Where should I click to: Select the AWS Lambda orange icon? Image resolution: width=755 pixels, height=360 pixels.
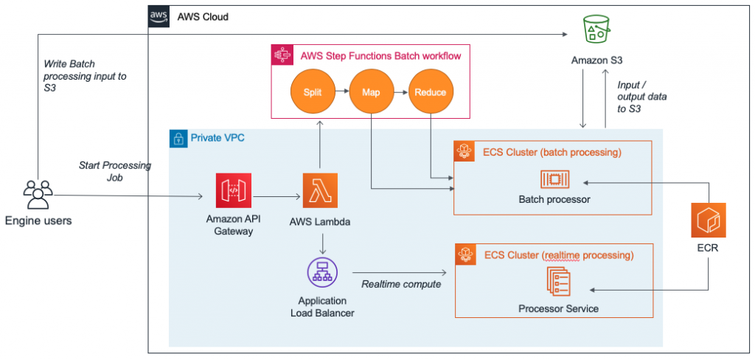[320, 191]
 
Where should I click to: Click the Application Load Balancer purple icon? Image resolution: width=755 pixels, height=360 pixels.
[321, 273]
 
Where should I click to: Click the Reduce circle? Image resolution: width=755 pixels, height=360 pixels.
[430, 92]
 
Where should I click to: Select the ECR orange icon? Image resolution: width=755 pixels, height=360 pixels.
[709, 221]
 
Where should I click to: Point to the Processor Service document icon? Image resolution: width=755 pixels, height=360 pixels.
[557, 282]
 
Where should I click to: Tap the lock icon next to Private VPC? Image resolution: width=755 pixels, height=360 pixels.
[178, 138]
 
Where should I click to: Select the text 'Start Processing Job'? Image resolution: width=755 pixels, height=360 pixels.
[114, 171]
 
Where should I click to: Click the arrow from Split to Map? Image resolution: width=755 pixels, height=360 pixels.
[341, 92]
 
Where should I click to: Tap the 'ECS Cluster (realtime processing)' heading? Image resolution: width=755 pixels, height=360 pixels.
[558, 255]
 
